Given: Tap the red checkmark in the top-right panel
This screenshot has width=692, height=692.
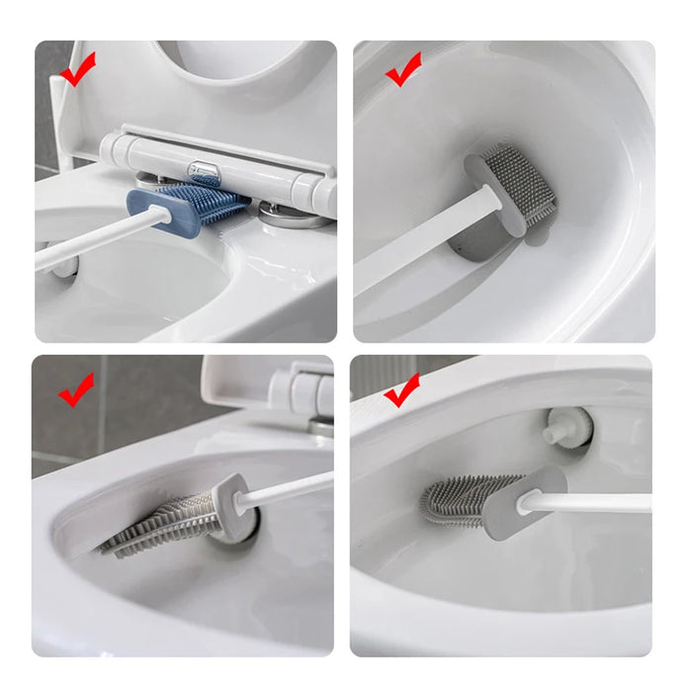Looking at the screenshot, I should click(x=402, y=72).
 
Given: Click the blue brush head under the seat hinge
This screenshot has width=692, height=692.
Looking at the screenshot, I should click(x=188, y=205).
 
